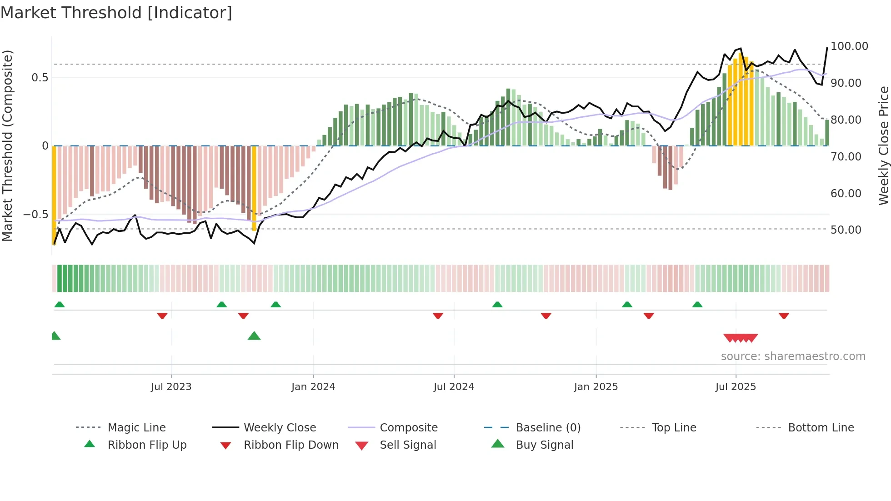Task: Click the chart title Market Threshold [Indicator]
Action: tap(116, 13)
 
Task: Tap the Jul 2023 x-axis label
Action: tap(171, 387)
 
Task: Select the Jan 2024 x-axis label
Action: tap(313, 387)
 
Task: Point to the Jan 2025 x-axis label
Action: tap(596, 387)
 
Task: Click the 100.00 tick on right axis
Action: tap(849, 46)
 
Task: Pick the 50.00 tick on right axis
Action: tap(846, 230)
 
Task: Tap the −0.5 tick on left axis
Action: tap(36, 214)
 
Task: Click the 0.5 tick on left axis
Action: tap(40, 78)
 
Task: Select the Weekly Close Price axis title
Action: tap(883, 145)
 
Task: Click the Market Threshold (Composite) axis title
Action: tap(7, 145)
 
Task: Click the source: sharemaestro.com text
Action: tap(793, 356)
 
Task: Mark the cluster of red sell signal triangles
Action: tap(741, 338)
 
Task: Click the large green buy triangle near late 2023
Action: tap(254, 336)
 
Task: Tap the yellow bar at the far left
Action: tap(54, 195)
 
